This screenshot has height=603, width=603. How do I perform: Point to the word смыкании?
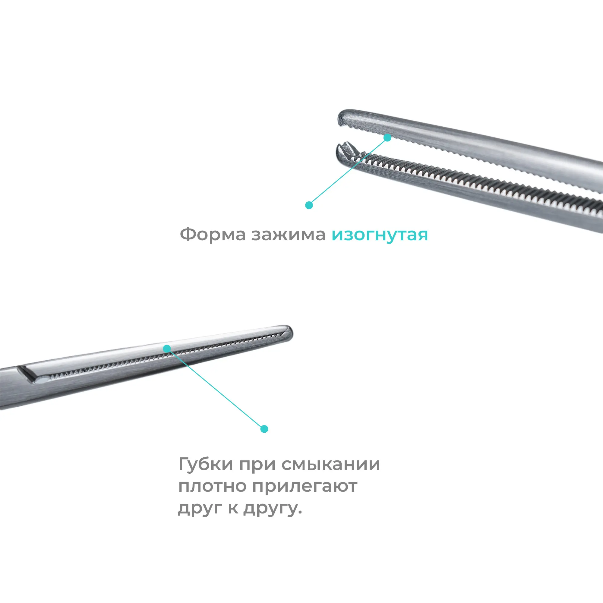(331, 465)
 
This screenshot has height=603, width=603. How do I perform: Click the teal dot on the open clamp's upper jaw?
(387, 137)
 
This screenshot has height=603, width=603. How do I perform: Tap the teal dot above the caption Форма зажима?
(309, 205)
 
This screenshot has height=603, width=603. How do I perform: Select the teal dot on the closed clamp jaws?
(167, 348)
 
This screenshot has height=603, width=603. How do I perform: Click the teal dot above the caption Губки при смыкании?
(264, 429)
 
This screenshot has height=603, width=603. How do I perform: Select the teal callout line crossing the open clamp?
(348, 171)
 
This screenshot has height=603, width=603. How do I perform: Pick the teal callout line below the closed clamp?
(215, 389)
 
